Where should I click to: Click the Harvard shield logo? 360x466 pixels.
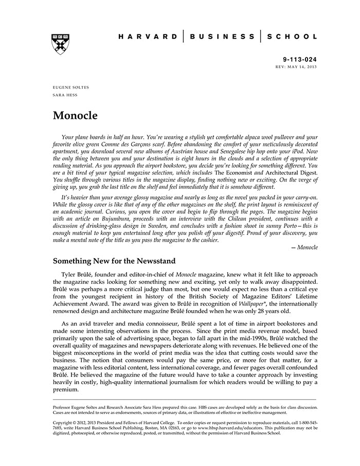[61, 44]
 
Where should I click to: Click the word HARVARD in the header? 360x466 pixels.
[146, 37]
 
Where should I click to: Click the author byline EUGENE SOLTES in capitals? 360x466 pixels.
[70, 87]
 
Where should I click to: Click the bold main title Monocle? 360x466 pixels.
[75, 115]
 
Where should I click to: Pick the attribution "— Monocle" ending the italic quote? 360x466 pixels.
[304, 247]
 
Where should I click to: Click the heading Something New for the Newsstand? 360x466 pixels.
[122, 262]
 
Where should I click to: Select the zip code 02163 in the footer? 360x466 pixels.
[173, 427]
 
